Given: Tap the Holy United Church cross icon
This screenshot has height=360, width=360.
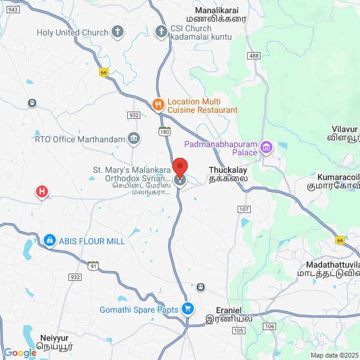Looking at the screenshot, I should [118, 32].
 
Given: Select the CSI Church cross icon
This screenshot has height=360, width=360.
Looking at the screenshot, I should [160, 32].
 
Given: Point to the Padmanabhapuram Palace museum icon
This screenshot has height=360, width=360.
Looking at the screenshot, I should [266, 146].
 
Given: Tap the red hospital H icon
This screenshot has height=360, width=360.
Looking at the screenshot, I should [41, 192].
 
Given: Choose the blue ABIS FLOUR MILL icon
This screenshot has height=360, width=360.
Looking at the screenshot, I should [48, 241].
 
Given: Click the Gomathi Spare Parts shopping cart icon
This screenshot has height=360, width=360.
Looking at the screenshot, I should [188, 310].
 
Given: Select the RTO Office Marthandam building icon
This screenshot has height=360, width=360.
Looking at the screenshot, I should [134, 139].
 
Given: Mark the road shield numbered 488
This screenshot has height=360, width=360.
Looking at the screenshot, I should [254, 56].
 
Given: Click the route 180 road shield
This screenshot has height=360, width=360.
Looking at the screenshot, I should [165, 130].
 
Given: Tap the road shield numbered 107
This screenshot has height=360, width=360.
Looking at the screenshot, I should [243, 209].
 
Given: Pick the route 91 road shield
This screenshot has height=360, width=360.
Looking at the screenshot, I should [92, 265].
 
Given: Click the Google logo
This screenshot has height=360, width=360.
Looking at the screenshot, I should [20, 353].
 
